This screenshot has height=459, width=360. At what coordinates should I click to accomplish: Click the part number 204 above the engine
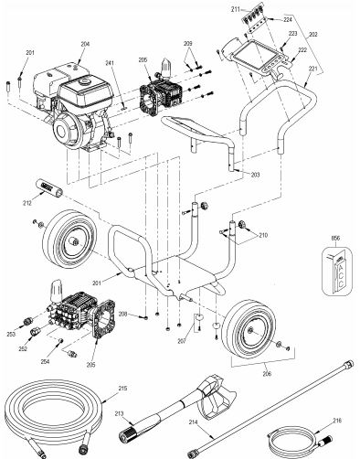point(85,44)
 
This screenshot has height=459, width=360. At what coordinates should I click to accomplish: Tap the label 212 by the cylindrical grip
point(27,203)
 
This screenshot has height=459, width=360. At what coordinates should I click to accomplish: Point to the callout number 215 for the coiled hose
point(122,389)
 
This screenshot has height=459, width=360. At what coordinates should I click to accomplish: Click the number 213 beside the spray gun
point(119,413)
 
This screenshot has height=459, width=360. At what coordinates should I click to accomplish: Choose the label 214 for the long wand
point(193,422)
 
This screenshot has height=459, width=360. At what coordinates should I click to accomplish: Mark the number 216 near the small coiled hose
point(337,421)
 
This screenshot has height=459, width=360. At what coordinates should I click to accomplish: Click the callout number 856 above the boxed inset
point(336,239)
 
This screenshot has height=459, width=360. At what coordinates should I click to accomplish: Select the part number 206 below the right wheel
point(267,374)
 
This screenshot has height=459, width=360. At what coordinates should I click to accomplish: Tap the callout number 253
point(11,335)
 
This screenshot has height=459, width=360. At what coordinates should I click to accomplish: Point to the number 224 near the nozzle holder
point(288,19)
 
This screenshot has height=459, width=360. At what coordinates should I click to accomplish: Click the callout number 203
point(255,175)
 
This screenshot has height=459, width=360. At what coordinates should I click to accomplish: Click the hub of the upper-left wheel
point(74,242)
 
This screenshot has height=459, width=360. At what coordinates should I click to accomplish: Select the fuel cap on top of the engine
point(84,81)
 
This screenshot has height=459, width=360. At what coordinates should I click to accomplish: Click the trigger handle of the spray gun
point(217,400)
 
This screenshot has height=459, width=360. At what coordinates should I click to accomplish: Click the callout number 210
point(263,235)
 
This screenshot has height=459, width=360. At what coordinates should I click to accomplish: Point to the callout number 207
point(182,342)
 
